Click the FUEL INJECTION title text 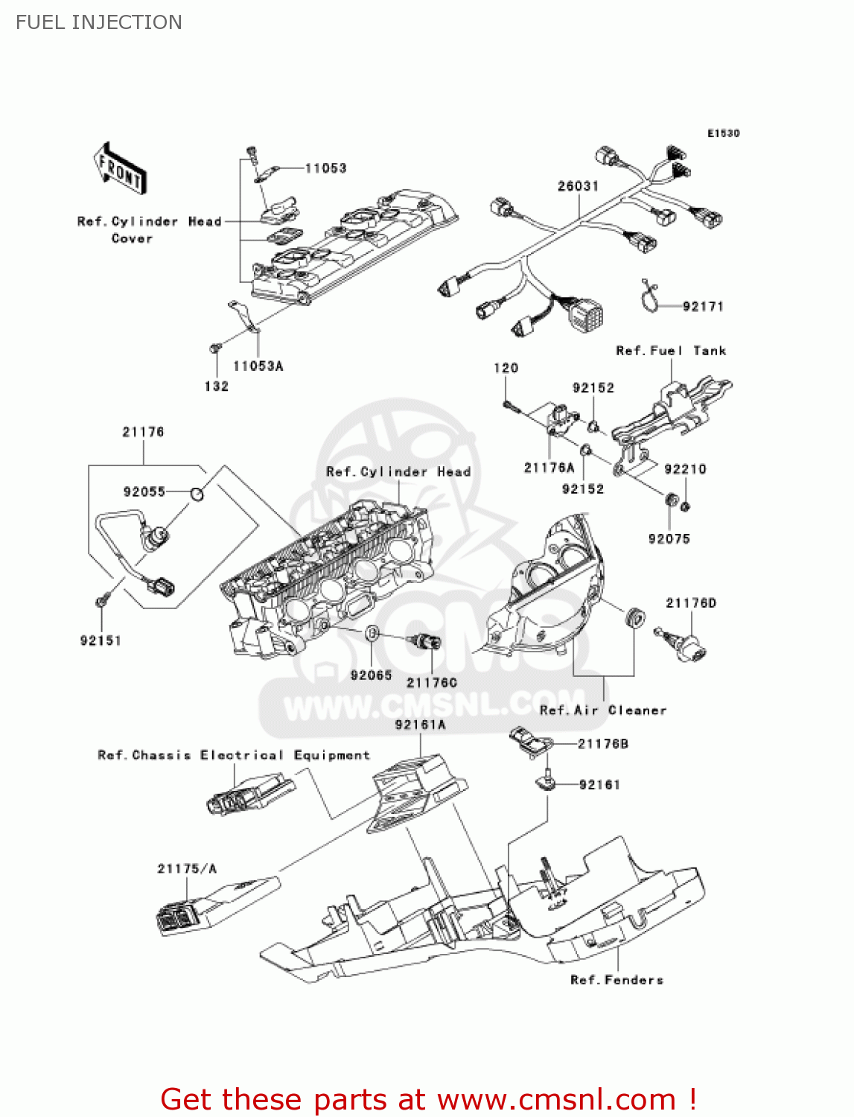(99, 22)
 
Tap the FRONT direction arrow (119, 170)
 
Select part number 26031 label (578, 185)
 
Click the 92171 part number (702, 306)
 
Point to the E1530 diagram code (723, 133)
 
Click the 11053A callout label (258, 366)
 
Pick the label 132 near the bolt (216, 386)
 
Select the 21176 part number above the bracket (143, 432)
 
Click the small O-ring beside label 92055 (197, 493)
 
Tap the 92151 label (101, 640)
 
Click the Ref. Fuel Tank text (670, 351)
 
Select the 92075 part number (669, 539)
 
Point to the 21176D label (690, 603)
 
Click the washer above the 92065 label (373, 634)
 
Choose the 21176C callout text (432, 683)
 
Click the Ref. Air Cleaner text (602, 710)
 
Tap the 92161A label (420, 725)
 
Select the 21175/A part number (187, 869)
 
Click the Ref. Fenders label (616, 980)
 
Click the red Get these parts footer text (428, 1099)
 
